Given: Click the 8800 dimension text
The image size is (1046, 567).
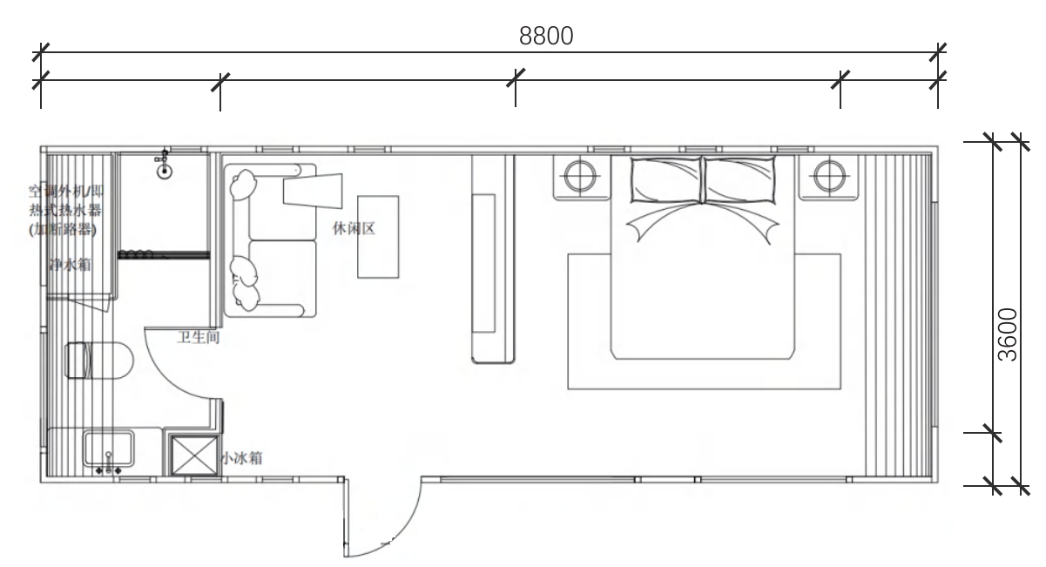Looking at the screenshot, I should pos(547,37).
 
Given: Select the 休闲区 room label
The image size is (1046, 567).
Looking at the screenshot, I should pos(353,228).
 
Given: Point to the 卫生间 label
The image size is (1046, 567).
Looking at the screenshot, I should pos(198,336).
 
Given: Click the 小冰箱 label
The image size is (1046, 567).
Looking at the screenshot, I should pos(243,456).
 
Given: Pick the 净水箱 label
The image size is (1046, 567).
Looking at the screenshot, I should pos(71,264).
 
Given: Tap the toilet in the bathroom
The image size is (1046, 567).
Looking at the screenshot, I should pos(98,360).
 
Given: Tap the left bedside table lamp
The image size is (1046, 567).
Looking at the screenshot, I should pos(577,175).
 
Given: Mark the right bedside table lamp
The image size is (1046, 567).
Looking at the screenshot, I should pos(825,175).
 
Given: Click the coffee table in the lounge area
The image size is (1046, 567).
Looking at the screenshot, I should pos(378,236).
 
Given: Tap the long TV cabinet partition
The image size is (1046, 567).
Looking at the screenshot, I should pos(493,259).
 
